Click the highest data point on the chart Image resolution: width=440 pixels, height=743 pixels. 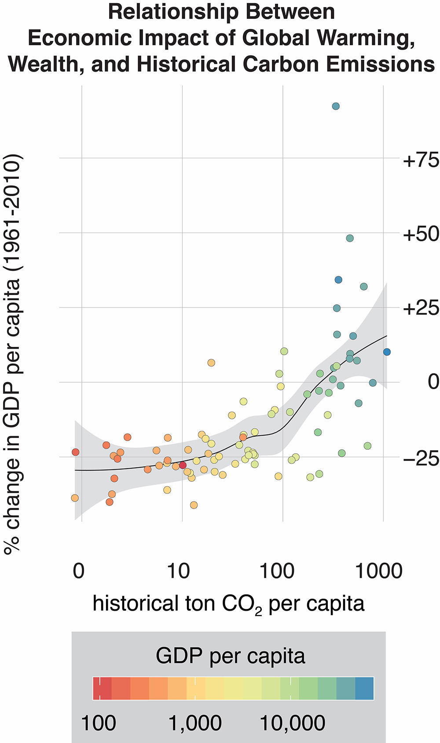336,106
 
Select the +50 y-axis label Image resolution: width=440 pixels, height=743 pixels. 421,234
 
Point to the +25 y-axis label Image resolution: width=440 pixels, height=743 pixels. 421,308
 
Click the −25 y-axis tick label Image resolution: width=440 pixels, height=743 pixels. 421,459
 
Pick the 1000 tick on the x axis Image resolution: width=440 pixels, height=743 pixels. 378,571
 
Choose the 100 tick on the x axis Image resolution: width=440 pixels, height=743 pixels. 277,571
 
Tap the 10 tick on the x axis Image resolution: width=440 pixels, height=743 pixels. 179,571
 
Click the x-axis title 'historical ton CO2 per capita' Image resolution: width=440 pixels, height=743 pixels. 228,604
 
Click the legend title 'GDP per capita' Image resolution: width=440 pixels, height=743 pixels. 230,656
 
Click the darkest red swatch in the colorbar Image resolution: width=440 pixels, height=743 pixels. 102,688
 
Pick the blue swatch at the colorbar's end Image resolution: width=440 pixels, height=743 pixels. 364,688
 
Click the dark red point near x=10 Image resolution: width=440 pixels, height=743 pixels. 183,465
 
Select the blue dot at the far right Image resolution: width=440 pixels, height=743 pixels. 387,352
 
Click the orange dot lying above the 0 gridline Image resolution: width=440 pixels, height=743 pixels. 211,363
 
